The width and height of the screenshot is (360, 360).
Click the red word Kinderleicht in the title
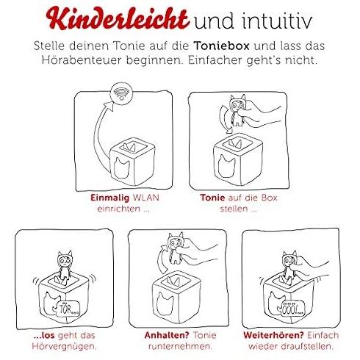coord(118,18)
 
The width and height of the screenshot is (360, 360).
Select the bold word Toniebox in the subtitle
coord(221,46)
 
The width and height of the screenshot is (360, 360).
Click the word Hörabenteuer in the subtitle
coord(82,60)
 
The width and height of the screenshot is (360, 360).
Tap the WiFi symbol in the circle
coord(121,93)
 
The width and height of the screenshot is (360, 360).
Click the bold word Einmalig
coord(109,198)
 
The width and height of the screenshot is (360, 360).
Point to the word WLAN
coord(145,198)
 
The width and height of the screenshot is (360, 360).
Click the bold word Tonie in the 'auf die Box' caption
coord(212,198)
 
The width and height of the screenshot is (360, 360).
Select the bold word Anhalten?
coord(167,335)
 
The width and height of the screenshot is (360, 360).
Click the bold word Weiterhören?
coord(273,335)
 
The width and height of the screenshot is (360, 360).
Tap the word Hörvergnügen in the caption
coord(64,347)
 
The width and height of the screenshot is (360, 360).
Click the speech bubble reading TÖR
coord(68,308)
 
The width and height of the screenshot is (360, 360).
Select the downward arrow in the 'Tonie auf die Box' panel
coord(223,120)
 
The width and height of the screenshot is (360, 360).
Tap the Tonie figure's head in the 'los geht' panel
coord(65,260)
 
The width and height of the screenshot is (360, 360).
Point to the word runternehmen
coord(180,346)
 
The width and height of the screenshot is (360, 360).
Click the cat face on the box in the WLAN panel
coord(122,168)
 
